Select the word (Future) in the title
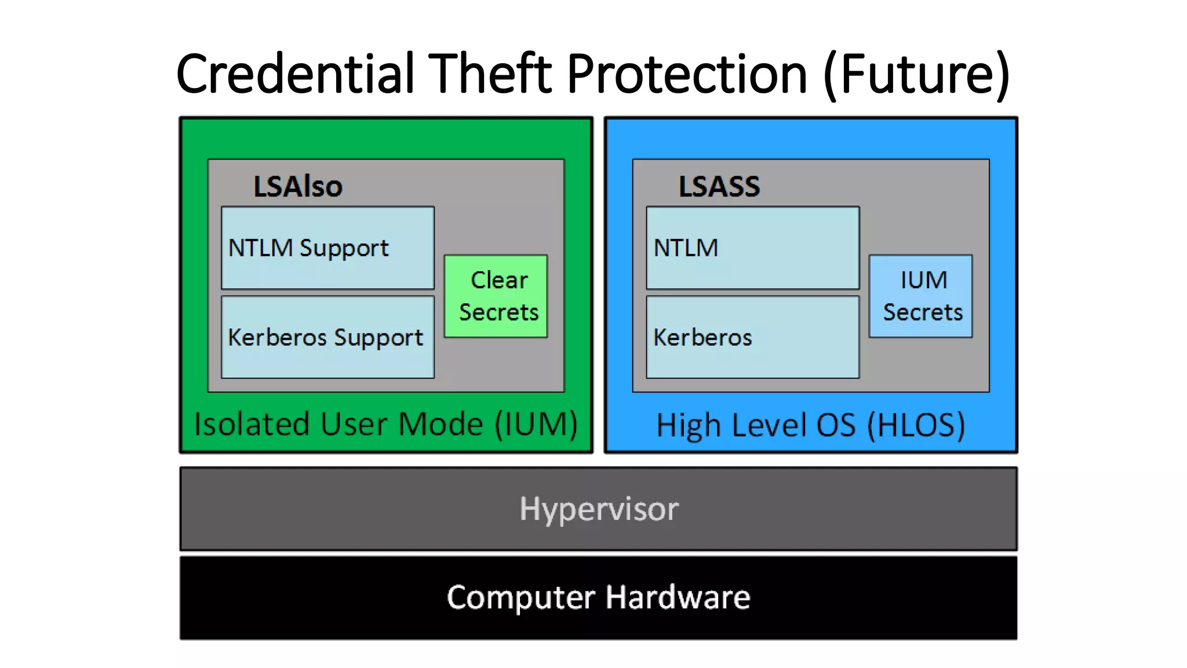pos(916,75)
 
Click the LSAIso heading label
pos(298,186)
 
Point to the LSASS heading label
pos(719,186)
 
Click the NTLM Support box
pos(327,248)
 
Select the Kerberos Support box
pos(327,337)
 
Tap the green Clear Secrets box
pos(496,296)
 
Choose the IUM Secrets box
pos(920,296)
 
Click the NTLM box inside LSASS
pos(752,248)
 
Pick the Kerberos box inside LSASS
pos(752,337)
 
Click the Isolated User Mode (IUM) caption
pos(386,424)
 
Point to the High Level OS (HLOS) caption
pos(810,425)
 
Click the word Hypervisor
pos(599,509)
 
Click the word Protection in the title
pos(687,74)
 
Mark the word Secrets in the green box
pos(498,312)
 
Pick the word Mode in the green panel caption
pos(441,424)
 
